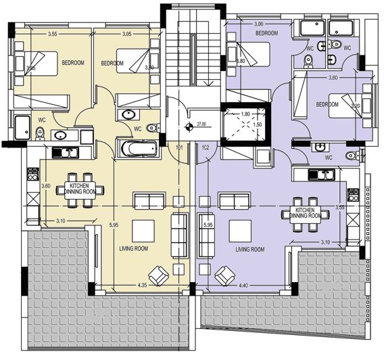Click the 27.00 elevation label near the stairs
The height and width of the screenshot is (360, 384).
[201, 125]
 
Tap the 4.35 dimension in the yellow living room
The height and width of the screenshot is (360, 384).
[141, 286]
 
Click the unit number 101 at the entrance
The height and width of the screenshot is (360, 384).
[179, 146]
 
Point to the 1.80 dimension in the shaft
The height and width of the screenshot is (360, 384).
[246, 114]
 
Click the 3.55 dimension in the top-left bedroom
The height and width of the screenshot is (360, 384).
[52, 34]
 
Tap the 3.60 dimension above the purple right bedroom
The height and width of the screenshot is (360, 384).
[333, 78]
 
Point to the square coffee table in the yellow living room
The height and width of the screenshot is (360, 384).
[143, 231]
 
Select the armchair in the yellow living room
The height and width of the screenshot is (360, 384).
[158, 275]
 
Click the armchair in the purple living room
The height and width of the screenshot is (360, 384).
[222, 275]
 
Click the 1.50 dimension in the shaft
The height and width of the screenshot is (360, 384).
[257, 125]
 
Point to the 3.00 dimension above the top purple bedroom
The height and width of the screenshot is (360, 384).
[258, 24]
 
